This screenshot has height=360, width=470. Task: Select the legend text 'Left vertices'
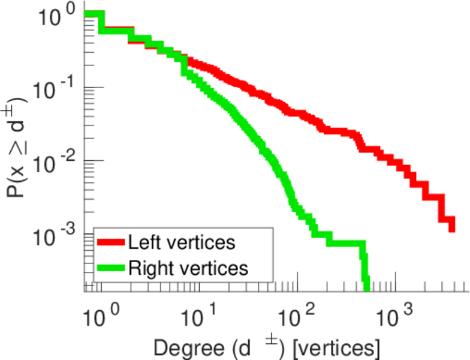click(x=181, y=243)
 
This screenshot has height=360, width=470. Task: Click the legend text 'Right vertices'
click(x=187, y=268)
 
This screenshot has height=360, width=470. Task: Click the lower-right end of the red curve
click(x=451, y=227)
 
